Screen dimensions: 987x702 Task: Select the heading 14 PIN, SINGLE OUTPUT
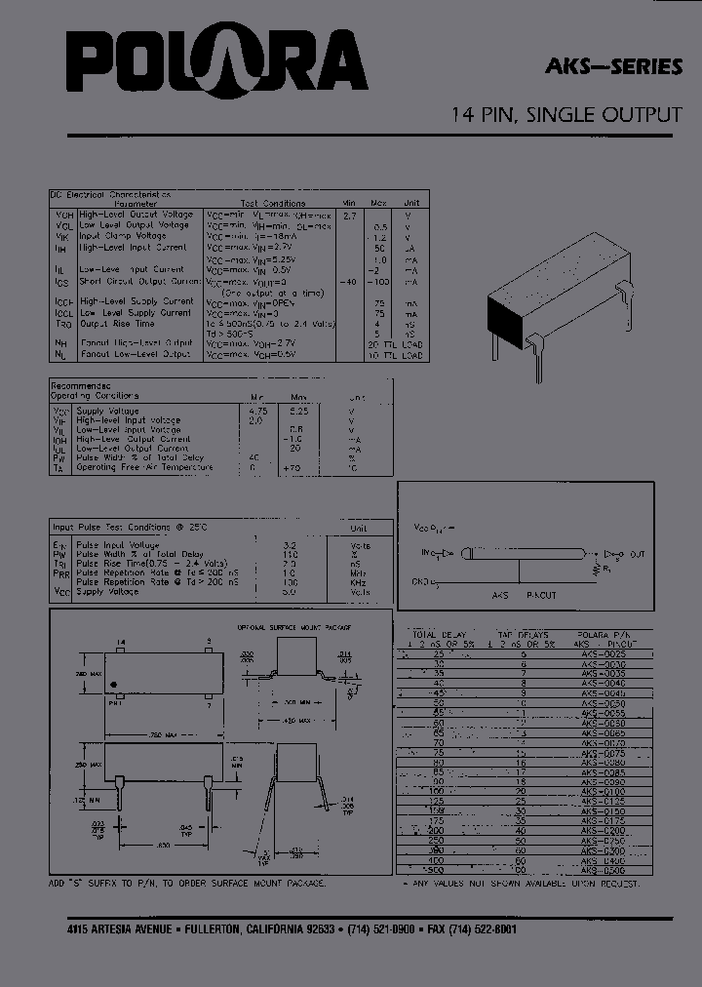(x=565, y=115)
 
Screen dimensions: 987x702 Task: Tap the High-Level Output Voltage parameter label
(x=136, y=215)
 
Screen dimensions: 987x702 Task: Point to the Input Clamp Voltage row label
(x=123, y=236)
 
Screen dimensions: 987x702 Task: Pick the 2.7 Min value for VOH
(x=351, y=215)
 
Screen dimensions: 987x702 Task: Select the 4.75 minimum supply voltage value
(x=257, y=411)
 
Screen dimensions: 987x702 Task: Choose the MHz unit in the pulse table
(x=361, y=572)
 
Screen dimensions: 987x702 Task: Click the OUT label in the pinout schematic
(x=637, y=555)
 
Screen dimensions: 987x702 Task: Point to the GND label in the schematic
(x=420, y=582)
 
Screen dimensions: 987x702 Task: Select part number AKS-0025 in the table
(x=601, y=653)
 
